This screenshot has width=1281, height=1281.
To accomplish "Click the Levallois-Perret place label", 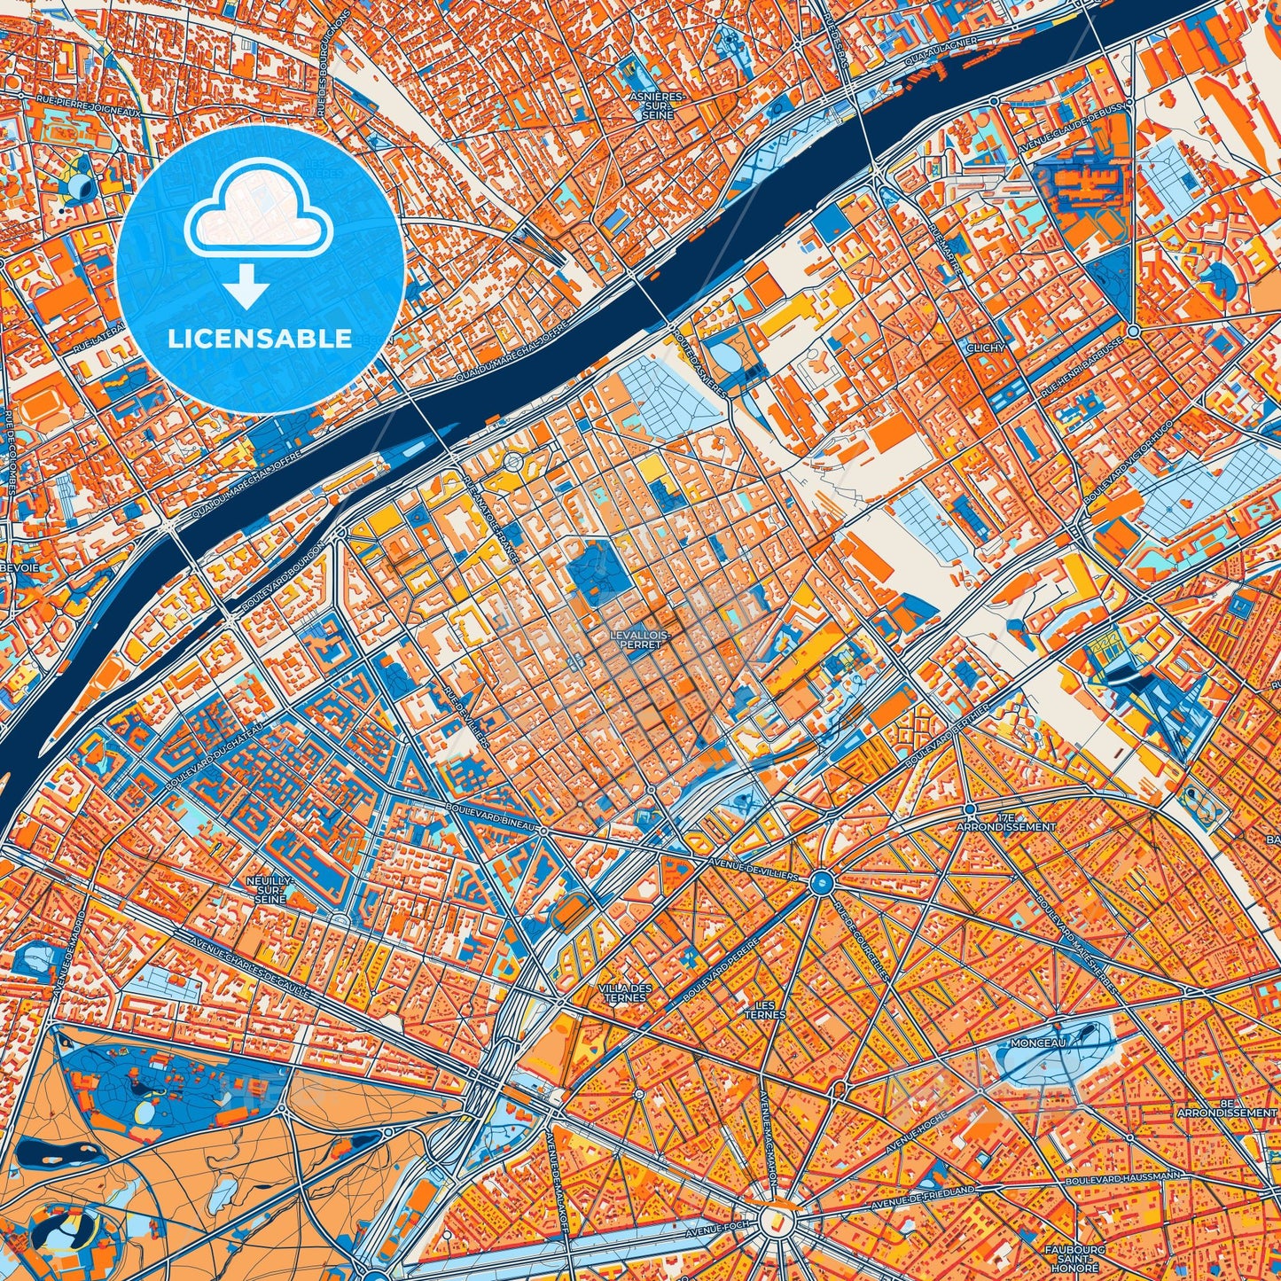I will (x=636, y=640).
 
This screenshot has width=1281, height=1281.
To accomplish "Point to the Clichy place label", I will (x=986, y=348).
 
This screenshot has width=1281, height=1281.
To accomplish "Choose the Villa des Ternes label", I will (x=625, y=993).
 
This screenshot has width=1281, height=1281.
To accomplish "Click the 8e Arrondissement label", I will (x=1227, y=1107).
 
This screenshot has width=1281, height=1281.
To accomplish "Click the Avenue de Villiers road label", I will (x=749, y=867).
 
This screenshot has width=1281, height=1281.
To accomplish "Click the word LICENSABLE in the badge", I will (x=261, y=339).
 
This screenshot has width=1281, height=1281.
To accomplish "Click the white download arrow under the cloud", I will (x=247, y=288).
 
